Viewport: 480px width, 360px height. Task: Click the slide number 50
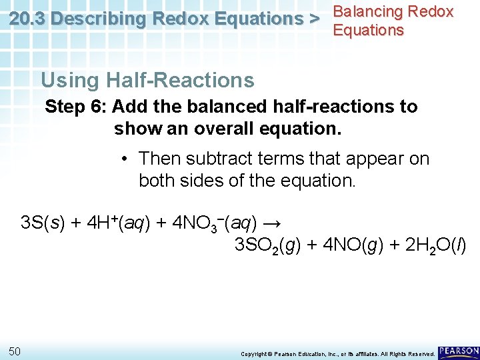coord(15,351)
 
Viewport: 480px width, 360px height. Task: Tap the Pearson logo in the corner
coord(459,351)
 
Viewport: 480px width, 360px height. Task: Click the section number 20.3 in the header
coord(27,19)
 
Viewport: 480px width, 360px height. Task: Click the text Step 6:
coord(76,107)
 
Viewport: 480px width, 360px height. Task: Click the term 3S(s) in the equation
coord(43,222)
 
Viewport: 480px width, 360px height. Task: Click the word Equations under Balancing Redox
coord(368,30)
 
